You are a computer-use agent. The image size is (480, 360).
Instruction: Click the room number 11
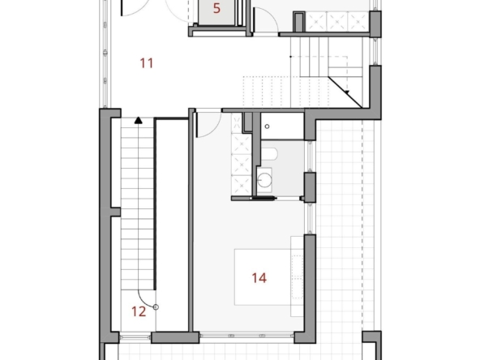pyautogui.click(x=146, y=63)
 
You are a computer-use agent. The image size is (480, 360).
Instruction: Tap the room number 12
pyautogui.click(x=139, y=311)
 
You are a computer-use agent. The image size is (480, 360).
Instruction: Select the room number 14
pyautogui.click(x=259, y=278)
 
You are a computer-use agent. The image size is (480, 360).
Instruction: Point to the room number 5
pyautogui.click(x=216, y=8)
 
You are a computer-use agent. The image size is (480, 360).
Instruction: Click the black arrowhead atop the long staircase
pyautogui.click(x=139, y=120)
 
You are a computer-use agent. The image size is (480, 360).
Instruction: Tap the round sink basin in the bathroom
pyautogui.click(x=264, y=180)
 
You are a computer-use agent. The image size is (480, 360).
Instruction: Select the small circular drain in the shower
pyautogui.click(x=267, y=126)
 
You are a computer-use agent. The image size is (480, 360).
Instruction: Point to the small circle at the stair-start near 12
pyautogui.click(x=156, y=307)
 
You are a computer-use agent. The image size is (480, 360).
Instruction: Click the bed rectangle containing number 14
pyautogui.click(x=263, y=276)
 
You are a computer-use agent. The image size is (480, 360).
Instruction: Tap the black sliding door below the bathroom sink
pyautogui.click(x=263, y=199)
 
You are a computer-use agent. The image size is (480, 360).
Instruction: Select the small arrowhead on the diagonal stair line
pyautogui.click(x=347, y=92)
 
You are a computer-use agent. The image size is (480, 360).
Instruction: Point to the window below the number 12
pyautogui.click(x=135, y=337)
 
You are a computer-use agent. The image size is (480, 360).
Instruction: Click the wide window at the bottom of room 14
pyautogui.click(x=246, y=336)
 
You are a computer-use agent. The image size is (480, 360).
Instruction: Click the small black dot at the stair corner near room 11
pyautogui.click(x=290, y=57)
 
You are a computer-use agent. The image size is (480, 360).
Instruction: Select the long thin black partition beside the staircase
pyautogui.click(x=155, y=204)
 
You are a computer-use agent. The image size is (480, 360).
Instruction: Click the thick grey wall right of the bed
pyautogui.click(x=310, y=289)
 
